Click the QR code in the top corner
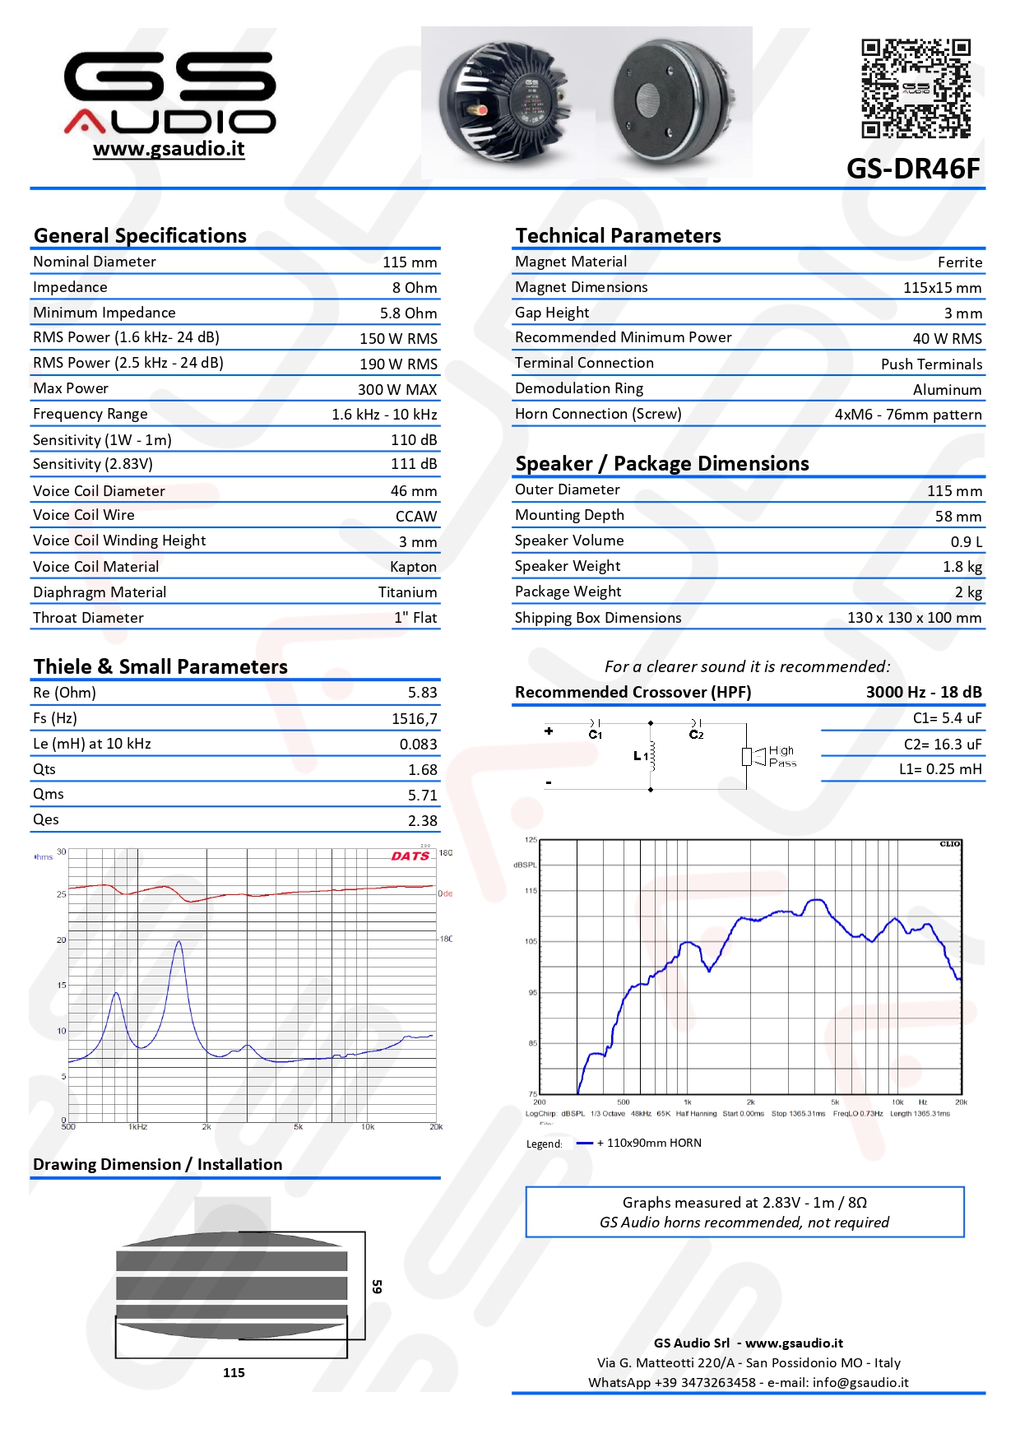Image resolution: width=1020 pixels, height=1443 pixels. point(916,88)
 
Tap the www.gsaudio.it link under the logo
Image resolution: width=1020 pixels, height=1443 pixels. point(169,149)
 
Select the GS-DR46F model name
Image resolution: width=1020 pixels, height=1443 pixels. point(913,169)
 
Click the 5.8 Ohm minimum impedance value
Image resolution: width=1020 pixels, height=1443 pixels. point(408,313)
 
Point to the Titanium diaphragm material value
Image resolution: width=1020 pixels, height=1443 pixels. point(407,592)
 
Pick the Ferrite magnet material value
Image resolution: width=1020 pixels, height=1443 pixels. point(959,262)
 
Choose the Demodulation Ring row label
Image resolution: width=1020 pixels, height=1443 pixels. point(579,388)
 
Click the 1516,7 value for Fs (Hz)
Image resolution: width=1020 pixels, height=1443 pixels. point(414,719)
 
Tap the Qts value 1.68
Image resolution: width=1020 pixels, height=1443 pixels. point(422,770)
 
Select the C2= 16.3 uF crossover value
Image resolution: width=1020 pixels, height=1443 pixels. point(942,745)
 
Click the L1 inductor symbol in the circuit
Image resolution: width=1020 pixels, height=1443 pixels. point(651,756)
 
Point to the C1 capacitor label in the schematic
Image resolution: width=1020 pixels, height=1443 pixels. point(596,735)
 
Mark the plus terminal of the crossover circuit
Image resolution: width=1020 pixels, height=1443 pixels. point(549,731)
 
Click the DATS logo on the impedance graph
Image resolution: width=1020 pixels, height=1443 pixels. point(410,856)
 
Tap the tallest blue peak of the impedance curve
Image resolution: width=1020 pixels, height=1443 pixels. point(178,944)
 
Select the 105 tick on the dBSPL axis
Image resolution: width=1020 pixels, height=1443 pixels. point(531,941)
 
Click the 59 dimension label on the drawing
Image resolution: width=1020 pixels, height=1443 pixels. point(377,1287)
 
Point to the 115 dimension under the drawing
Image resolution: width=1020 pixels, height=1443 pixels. point(234,1373)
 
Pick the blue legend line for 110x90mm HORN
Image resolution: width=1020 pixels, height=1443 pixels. point(584,1144)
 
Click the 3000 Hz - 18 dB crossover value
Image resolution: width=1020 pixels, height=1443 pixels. point(923,693)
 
